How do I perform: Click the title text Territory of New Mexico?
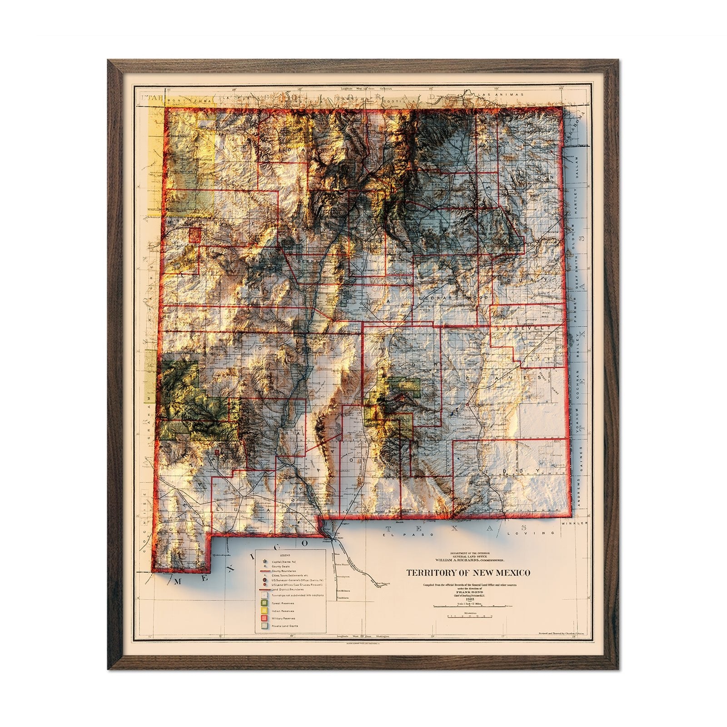(x=468, y=573)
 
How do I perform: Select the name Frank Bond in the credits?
(x=468, y=593)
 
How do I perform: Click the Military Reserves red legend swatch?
(x=263, y=618)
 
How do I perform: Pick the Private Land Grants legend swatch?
(x=263, y=626)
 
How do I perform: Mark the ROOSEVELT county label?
(x=523, y=328)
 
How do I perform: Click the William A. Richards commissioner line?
(x=468, y=559)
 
